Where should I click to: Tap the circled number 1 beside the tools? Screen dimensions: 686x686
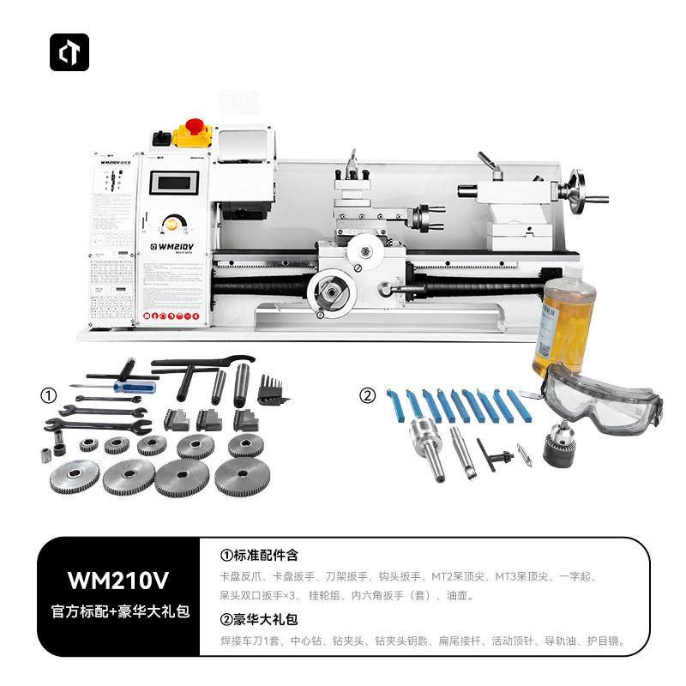click(49, 396)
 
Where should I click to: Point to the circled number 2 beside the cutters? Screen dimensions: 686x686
click(367, 396)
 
